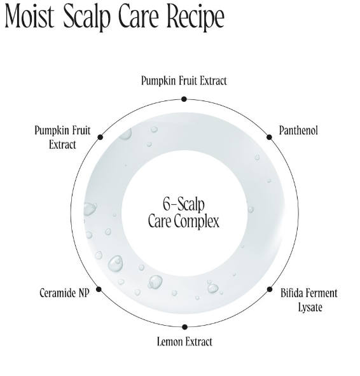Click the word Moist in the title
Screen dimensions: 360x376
pyautogui.click(x=29, y=16)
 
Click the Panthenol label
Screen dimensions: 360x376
pyautogui.click(x=298, y=130)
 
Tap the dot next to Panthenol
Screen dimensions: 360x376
pyautogui.click(x=269, y=137)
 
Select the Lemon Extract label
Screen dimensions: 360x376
pyautogui.click(x=184, y=342)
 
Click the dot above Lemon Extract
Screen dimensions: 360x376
pyautogui.click(x=184, y=327)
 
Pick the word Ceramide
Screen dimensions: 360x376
pyautogui.click(x=58, y=293)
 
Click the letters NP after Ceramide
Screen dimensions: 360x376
pyautogui.click(x=84, y=293)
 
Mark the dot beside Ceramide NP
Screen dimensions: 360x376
pyautogui.click(x=99, y=289)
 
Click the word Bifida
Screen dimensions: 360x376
pyautogui.click(x=290, y=293)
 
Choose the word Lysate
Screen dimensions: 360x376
pyautogui.click(x=310, y=308)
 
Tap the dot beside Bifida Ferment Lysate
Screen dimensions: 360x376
pyautogui.click(x=270, y=289)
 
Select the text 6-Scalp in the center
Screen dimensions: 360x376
pyautogui.click(x=184, y=205)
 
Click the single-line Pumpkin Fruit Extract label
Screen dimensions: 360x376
pyautogui.click(x=184, y=81)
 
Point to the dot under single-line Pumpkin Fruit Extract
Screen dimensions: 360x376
pyautogui.click(x=184, y=99)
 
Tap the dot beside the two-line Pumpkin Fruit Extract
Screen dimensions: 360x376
pyautogui.click(x=100, y=137)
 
